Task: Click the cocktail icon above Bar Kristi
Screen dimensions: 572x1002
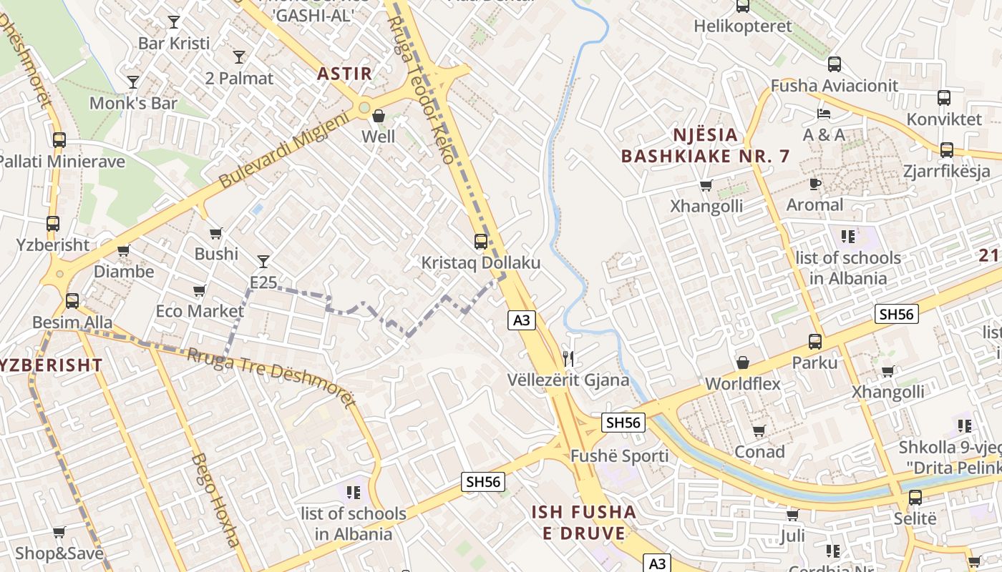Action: click(x=174, y=21)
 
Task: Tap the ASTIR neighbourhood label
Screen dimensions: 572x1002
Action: click(x=345, y=74)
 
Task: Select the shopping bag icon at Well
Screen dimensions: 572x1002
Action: click(x=379, y=116)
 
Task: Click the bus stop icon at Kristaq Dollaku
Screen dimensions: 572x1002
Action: click(x=481, y=242)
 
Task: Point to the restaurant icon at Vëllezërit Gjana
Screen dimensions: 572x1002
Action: click(x=568, y=358)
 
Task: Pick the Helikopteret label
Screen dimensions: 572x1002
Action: click(x=743, y=26)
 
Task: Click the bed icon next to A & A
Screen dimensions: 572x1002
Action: click(x=824, y=113)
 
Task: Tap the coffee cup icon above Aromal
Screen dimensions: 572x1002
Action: click(x=814, y=184)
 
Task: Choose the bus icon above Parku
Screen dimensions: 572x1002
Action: click(x=814, y=342)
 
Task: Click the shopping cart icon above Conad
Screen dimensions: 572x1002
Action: click(x=759, y=430)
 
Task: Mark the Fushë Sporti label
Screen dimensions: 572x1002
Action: click(x=619, y=456)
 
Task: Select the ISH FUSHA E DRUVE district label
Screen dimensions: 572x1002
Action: click(x=584, y=522)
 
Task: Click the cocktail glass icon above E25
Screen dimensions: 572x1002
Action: click(x=263, y=262)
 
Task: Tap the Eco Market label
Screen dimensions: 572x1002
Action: click(x=200, y=312)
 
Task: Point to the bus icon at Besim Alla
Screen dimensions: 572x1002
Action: click(x=72, y=301)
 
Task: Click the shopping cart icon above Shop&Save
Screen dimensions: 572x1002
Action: click(x=59, y=532)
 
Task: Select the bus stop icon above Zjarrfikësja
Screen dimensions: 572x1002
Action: click(x=947, y=150)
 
